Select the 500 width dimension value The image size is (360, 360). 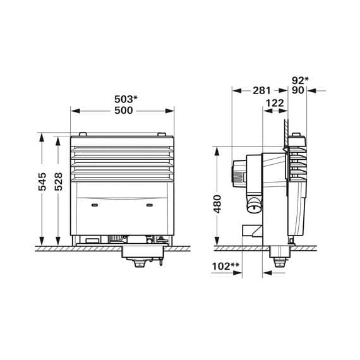(x=123, y=111)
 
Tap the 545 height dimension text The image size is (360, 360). (x=42, y=181)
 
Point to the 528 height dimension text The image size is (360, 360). (x=59, y=181)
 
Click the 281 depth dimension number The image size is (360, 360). (x=261, y=91)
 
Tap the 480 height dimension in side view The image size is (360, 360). (x=217, y=203)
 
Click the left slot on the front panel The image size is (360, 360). (x=94, y=205)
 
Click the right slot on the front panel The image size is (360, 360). (x=150, y=205)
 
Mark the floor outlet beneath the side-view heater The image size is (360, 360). (x=277, y=259)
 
